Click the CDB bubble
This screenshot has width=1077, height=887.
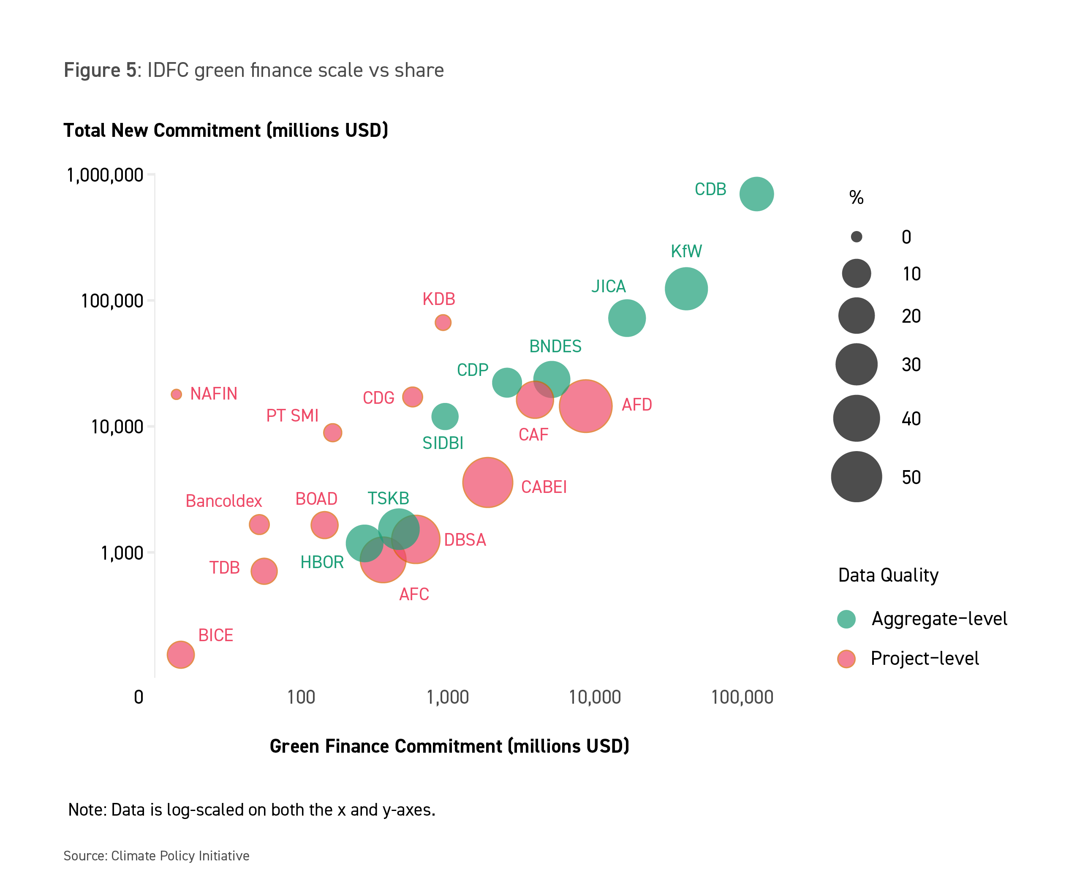pyautogui.click(x=756, y=194)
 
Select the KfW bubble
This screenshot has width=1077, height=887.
pyautogui.click(x=686, y=288)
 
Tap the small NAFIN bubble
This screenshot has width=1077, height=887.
pyautogui.click(x=176, y=394)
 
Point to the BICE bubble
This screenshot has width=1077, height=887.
pyautogui.click(x=181, y=655)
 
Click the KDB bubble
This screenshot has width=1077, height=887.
pyautogui.click(x=443, y=322)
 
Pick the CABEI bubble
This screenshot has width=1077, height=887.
pyautogui.click(x=487, y=482)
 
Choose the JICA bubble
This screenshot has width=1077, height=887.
pyautogui.click(x=627, y=318)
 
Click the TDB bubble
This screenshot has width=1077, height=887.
pyautogui.click(x=264, y=571)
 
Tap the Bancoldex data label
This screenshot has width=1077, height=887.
pyautogui.click(x=223, y=501)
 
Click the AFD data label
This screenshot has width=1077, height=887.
pyautogui.click(x=636, y=405)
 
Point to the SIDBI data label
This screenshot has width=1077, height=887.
pyautogui.click(x=443, y=443)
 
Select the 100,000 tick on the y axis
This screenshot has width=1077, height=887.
pyautogui.click(x=112, y=301)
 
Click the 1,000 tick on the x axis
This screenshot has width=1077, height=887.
pyautogui.click(x=448, y=697)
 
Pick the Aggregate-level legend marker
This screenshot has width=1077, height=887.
pyautogui.click(x=846, y=619)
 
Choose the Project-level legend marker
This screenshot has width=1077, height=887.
pyautogui.click(x=846, y=658)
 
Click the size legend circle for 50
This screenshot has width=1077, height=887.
pyautogui.click(x=856, y=477)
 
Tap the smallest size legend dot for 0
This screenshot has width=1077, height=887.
pyautogui.click(x=856, y=237)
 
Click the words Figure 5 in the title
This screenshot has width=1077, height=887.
pyautogui.click(x=100, y=70)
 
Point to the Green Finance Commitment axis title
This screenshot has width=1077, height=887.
pyautogui.click(x=449, y=746)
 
